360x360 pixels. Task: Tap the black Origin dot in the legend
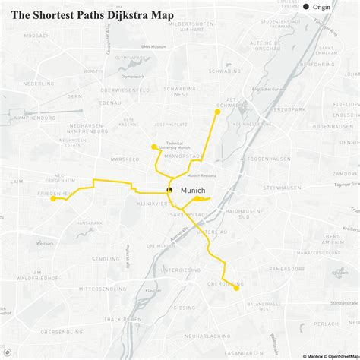pos(307,7)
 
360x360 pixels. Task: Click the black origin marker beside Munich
pos(170,190)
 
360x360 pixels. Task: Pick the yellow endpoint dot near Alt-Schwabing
pos(217,112)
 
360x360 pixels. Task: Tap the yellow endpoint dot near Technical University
pos(154,147)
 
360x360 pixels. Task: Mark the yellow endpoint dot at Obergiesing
pos(236,287)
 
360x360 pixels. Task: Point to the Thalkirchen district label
pos(122,319)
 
